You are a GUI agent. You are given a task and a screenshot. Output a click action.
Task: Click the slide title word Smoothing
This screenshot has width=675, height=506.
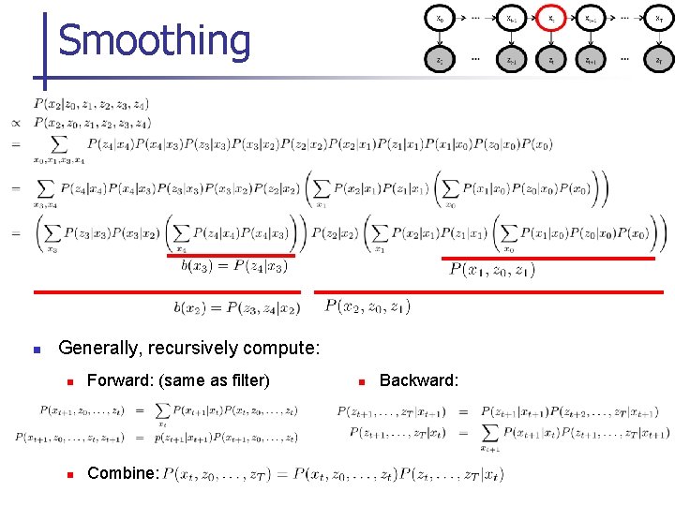155,41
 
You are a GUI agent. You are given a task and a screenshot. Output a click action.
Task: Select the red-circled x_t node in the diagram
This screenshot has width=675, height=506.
551,19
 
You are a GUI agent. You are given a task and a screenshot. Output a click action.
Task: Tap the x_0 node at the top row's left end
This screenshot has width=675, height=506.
441,19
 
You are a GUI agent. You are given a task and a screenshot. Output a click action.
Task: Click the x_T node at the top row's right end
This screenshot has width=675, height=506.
659,19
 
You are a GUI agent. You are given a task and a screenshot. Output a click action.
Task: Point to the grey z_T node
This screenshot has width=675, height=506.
659,60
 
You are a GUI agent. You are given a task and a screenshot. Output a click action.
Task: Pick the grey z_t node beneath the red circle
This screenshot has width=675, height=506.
551,60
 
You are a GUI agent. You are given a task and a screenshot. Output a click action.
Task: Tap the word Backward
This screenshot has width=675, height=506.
418,379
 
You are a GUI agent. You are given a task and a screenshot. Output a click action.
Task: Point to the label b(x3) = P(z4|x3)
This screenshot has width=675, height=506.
234,266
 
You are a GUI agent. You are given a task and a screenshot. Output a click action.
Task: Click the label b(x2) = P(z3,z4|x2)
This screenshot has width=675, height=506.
236,307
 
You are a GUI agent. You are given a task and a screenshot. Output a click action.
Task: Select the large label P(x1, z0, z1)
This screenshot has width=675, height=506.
492,271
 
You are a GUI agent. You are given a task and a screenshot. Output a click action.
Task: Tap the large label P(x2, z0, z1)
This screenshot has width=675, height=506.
367,305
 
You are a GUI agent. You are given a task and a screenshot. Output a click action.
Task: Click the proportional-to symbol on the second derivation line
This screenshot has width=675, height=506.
16,123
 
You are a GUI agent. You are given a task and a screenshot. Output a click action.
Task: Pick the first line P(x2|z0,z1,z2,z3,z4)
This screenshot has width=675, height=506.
91,104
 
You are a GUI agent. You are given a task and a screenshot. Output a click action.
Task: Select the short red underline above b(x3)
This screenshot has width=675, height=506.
231,255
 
